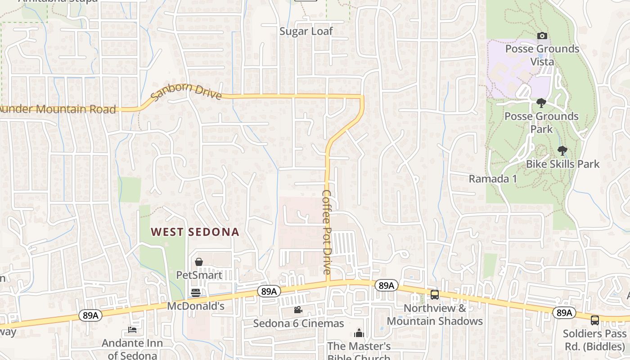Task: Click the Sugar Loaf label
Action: click(306, 31)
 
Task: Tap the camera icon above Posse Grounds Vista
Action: click(542, 36)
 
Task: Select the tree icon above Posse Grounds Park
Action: click(541, 103)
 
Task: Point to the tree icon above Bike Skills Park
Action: click(562, 151)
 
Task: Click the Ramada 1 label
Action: click(493, 179)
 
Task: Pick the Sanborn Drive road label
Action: click(186, 92)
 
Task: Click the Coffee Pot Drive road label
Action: click(327, 232)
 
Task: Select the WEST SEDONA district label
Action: click(194, 232)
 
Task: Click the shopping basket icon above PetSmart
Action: click(198, 262)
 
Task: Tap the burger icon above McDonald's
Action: click(196, 293)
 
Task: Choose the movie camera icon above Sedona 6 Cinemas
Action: click(298, 310)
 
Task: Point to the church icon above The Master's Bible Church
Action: click(359, 333)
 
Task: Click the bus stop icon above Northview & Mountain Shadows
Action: click(435, 295)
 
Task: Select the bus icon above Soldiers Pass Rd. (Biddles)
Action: click(594, 320)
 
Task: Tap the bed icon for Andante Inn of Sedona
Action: click(132, 330)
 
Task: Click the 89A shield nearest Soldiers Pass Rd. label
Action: click(563, 312)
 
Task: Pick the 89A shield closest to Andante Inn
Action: click(90, 315)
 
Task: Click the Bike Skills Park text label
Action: click(562, 164)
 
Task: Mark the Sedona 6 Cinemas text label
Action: click(298, 323)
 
